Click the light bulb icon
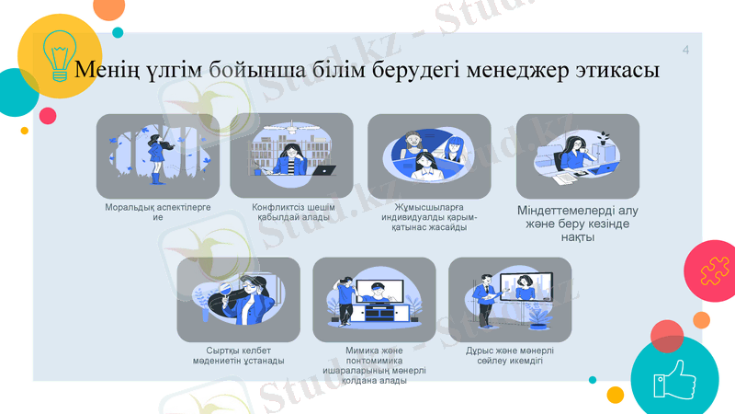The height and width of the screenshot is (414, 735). pyautogui.click(x=61, y=55)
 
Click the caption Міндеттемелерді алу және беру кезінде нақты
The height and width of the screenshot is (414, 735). pyautogui.click(x=578, y=224)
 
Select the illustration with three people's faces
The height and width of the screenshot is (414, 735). pyautogui.click(x=428, y=156)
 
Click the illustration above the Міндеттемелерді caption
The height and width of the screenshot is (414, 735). pyautogui.click(x=577, y=156)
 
